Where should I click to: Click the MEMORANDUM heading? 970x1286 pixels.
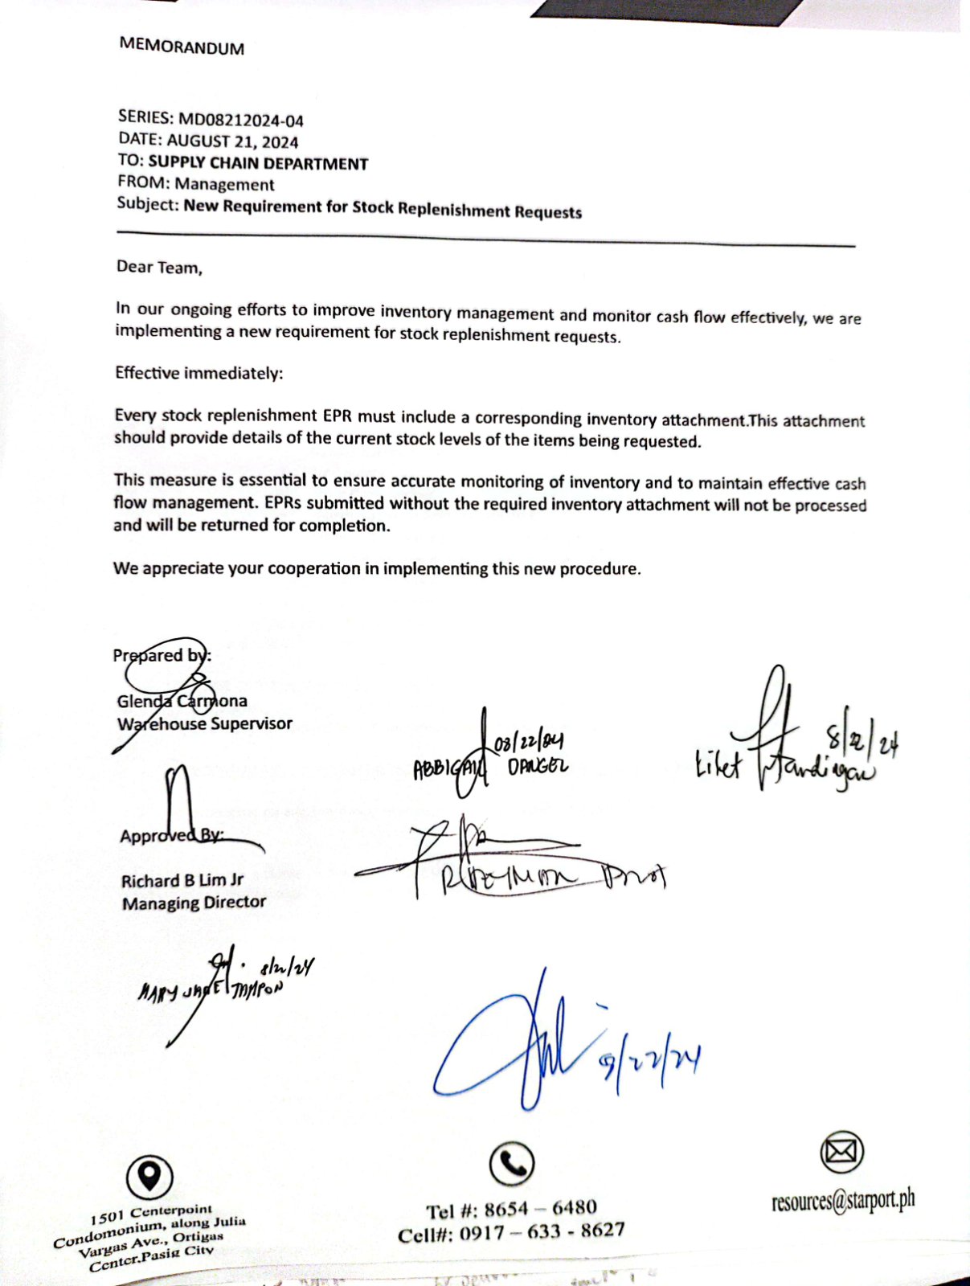point(182,47)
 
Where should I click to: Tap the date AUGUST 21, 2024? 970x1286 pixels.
point(232,142)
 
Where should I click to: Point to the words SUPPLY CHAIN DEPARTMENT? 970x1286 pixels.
point(258,164)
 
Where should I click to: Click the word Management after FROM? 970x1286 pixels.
point(224,185)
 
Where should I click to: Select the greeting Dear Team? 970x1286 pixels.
point(159,268)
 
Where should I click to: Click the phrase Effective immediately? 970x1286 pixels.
point(199,373)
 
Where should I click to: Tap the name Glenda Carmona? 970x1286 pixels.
point(182,702)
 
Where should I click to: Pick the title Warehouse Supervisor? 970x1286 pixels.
point(205,723)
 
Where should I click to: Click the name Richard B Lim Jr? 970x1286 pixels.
point(182,881)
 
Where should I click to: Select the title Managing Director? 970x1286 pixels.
point(194,903)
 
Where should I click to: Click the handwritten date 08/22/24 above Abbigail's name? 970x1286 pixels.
point(529,742)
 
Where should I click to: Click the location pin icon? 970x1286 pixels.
point(149,1177)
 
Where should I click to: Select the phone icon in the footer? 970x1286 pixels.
point(512,1163)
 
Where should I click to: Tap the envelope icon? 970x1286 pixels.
point(841,1152)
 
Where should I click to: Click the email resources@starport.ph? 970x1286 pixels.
point(842,1201)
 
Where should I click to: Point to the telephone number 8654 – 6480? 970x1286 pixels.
point(540,1209)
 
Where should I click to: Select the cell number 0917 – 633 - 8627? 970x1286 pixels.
point(542,1231)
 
